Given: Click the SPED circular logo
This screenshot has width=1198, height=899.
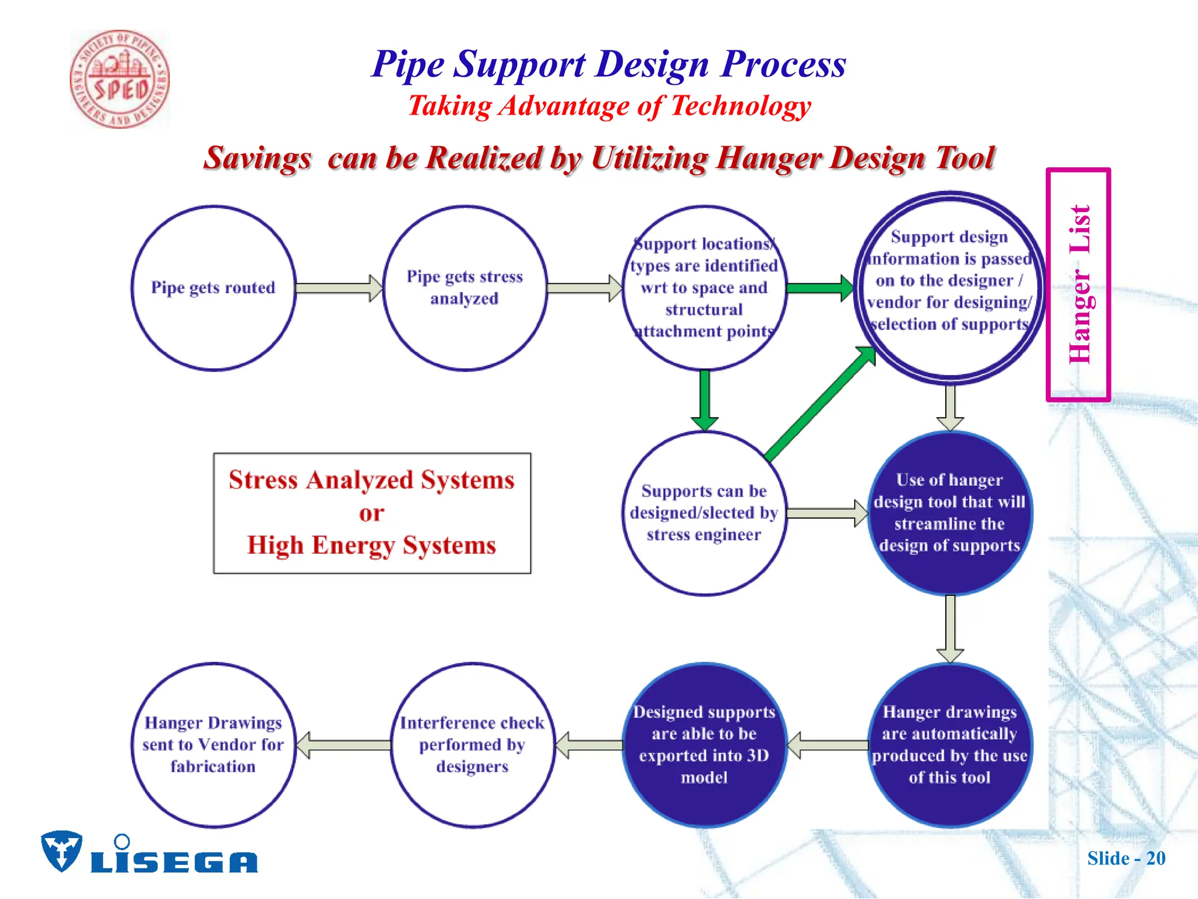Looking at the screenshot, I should [x=120, y=80].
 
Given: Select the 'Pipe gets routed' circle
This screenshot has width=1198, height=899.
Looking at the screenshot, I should [x=214, y=288].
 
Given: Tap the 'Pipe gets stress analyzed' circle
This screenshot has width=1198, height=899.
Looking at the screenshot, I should [x=465, y=288].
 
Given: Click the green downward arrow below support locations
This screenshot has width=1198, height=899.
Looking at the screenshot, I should [x=704, y=400].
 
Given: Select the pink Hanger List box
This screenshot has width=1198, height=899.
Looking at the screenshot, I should [x=1078, y=285].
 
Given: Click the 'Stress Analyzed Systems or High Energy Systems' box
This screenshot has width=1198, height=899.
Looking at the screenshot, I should [x=372, y=513].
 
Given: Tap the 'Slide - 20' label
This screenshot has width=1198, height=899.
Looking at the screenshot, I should [x=1126, y=858].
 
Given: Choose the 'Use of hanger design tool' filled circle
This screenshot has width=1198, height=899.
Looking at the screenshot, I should [x=949, y=513].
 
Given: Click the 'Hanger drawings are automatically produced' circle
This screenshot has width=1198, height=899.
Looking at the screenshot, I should [x=949, y=744].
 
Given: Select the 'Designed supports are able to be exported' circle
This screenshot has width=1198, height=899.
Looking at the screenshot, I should [x=704, y=744].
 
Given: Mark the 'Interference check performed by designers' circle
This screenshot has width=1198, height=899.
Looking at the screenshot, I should [x=472, y=744].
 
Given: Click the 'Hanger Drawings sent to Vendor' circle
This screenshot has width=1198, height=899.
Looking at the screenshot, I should [x=214, y=744].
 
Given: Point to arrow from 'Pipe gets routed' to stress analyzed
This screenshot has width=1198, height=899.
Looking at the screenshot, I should [x=339, y=288].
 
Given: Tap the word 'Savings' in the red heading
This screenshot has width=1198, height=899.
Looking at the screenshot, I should [x=257, y=158].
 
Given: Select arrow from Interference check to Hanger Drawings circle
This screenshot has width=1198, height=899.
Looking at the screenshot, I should [x=344, y=744].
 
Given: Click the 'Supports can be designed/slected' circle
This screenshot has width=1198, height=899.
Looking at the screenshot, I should [x=704, y=513].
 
